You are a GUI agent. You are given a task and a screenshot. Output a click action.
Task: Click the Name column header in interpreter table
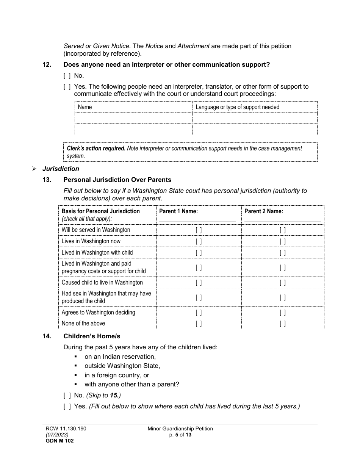(x=85, y=107)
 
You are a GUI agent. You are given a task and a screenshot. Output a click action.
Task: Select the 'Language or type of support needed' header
(x=237, y=107)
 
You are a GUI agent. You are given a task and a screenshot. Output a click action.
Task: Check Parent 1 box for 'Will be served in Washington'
(x=199, y=230)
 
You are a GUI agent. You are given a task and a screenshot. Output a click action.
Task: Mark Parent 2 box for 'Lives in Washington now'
(x=283, y=241)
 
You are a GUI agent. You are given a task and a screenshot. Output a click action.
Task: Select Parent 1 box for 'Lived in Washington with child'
(x=199, y=253)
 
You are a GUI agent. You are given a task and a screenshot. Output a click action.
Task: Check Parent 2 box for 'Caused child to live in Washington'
(x=283, y=283)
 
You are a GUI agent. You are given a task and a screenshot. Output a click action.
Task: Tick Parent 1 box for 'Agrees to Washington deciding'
(x=199, y=313)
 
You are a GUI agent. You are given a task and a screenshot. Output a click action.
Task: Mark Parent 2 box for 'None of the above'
(x=283, y=324)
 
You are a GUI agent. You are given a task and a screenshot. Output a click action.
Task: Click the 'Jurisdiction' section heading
(x=61, y=169)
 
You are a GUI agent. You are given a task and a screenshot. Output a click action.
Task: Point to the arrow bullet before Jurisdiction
(x=34, y=169)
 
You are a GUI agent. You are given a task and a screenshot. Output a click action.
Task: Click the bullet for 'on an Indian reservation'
(x=76, y=357)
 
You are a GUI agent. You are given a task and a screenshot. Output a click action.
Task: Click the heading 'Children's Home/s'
(x=92, y=336)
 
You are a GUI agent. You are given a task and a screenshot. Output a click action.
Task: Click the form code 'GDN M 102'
(x=57, y=441)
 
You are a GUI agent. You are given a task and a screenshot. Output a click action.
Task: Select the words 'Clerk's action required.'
(x=96, y=149)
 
